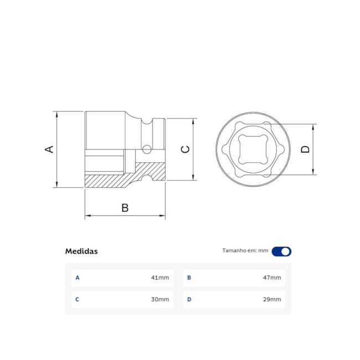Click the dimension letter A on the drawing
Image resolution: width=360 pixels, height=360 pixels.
pyautogui.click(x=49, y=149)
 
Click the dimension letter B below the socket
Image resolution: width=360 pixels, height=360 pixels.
pyautogui.click(x=125, y=208)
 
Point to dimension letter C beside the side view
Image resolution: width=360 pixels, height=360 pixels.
pyautogui.click(x=186, y=149)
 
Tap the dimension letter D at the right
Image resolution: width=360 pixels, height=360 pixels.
pyautogui.click(x=305, y=149)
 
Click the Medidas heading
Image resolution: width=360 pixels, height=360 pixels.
pyautogui.click(x=81, y=251)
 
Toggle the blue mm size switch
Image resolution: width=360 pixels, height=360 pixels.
pyautogui.click(x=281, y=251)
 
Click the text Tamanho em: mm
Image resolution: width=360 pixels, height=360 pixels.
pyautogui.click(x=245, y=251)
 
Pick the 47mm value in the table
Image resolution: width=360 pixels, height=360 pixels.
pyautogui.click(x=272, y=277)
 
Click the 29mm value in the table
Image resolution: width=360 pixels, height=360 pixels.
pyautogui.click(x=272, y=300)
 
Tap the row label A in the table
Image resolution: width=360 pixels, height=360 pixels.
pyautogui.click(x=78, y=277)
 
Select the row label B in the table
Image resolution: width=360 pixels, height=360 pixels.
pyautogui.click(x=189, y=277)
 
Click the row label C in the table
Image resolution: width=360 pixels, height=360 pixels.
pyautogui.click(x=78, y=300)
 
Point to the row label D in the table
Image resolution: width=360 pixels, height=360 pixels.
pyautogui.click(x=189, y=300)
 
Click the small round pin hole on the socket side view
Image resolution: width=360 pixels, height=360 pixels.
pyautogui.click(x=147, y=148)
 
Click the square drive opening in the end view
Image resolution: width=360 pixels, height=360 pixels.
pyautogui.click(x=253, y=150)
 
